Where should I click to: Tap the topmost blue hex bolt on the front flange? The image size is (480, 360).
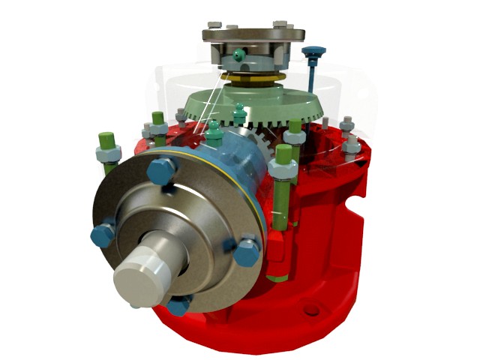point(159,170)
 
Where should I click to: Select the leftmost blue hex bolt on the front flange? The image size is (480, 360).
point(102,234)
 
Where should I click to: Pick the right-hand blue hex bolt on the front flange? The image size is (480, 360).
point(245,250)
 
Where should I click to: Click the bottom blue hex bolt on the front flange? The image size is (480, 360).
point(179,304)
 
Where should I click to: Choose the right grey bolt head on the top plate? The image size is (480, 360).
point(281,25)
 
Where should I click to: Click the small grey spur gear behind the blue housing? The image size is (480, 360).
point(262,138)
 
